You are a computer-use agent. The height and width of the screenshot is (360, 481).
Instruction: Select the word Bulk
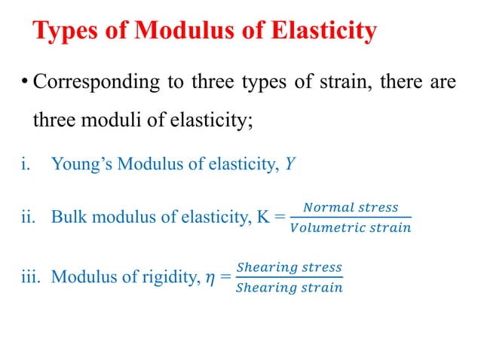(67, 218)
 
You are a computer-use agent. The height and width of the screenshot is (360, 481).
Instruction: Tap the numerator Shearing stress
(289, 267)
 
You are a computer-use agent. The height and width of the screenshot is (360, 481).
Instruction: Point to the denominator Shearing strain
(289, 288)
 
